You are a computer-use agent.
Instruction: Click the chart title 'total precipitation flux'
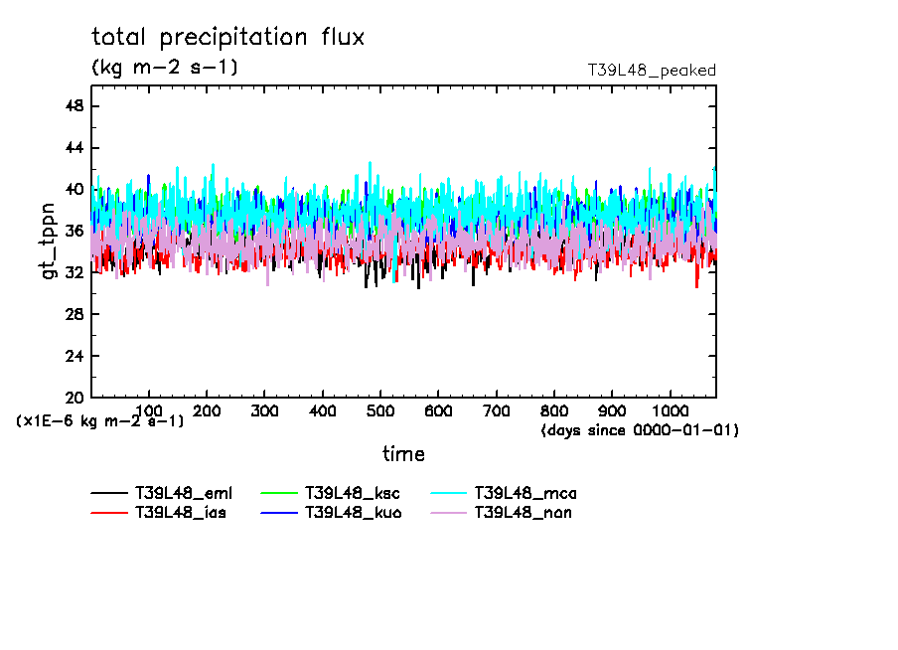point(228,38)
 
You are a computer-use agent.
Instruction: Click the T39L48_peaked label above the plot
point(652,71)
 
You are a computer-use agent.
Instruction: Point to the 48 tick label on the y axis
point(75,106)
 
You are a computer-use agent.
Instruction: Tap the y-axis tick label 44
point(75,148)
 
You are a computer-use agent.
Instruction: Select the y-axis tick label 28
point(75,314)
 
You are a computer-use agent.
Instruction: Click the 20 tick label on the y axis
point(75,398)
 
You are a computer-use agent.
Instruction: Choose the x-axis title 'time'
point(403,454)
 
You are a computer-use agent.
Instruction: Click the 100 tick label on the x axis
point(149,410)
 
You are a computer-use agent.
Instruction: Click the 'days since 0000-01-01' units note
point(640,430)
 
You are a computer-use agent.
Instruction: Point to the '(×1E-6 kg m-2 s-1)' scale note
point(99,421)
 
